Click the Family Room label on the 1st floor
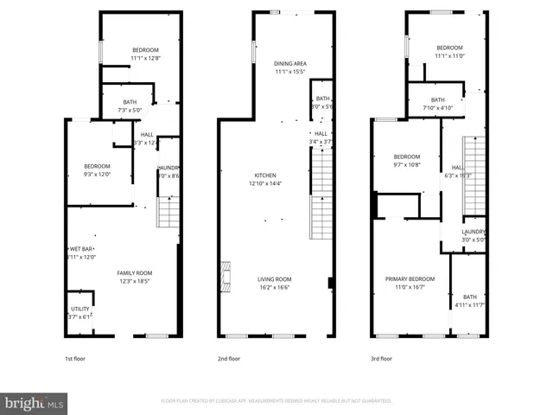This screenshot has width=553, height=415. click(134, 273)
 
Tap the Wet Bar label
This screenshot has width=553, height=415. click(81, 249)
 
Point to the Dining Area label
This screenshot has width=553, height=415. click(290, 64)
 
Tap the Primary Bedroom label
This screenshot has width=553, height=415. click(410, 278)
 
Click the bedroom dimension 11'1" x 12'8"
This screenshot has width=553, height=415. click(145, 58)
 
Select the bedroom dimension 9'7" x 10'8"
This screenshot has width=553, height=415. click(407, 164)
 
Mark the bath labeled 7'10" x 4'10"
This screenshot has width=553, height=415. click(438, 107)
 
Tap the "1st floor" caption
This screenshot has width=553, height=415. click(75, 358)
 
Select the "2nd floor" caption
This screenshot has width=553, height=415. click(228, 358)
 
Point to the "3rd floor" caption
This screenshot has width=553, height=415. click(381, 358)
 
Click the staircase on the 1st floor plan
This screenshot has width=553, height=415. click(167, 211)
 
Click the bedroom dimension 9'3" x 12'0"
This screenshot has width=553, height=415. click(97, 175)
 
